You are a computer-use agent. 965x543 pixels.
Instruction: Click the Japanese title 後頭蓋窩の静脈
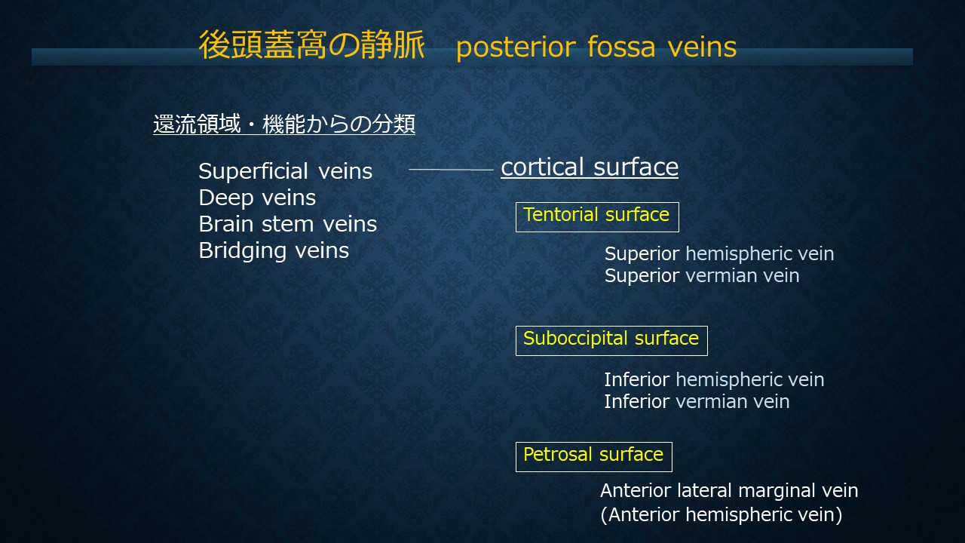click(x=311, y=44)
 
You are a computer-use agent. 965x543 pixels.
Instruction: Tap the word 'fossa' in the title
click(x=621, y=47)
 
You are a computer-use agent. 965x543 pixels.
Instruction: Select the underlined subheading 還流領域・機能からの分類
click(x=284, y=124)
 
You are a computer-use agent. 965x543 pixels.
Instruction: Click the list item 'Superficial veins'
click(x=285, y=171)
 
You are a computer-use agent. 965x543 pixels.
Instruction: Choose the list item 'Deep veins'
click(x=257, y=198)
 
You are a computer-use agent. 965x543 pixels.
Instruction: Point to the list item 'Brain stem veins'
click(x=288, y=224)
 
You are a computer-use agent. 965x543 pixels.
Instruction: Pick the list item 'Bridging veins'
click(x=274, y=251)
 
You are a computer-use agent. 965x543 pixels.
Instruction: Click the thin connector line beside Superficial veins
click(x=451, y=170)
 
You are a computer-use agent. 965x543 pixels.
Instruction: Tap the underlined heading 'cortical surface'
click(x=590, y=167)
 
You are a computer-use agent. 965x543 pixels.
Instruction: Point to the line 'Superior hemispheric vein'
click(x=719, y=254)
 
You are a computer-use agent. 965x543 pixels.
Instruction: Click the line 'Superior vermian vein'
click(x=702, y=276)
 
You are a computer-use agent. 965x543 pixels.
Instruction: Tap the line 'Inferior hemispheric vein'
click(x=714, y=379)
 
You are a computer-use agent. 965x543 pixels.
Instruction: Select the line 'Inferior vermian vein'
click(x=697, y=402)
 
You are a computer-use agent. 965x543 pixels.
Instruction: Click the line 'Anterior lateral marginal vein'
click(x=729, y=490)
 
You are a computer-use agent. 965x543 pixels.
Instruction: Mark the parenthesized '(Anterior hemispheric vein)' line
click(x=721, y=514)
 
